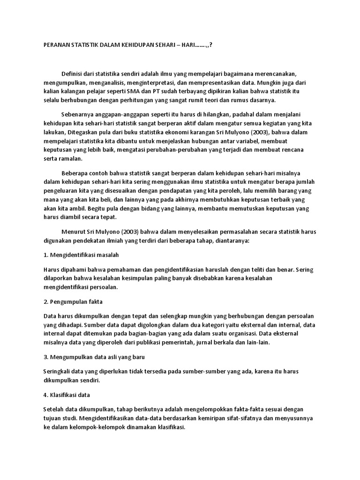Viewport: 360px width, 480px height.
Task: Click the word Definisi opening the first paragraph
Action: click(72, 74)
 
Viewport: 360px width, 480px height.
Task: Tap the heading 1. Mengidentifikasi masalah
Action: click(81, 255)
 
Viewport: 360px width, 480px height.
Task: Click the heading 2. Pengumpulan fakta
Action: click(73, 301)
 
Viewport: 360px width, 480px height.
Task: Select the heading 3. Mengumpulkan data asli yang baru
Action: click(94, 357)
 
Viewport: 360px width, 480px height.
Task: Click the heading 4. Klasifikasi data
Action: click(67, 395)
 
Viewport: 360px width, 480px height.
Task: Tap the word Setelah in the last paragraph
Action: click(54, 409)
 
